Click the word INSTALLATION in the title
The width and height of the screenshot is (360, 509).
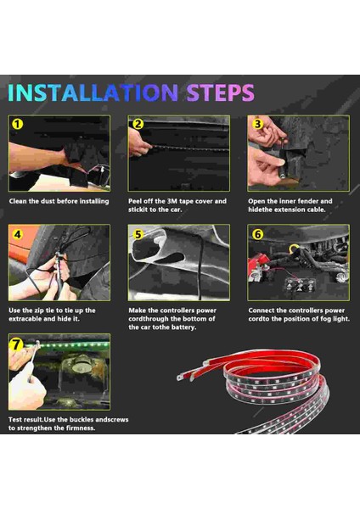coord(93,92)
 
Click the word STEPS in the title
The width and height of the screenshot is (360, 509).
coord(220,92)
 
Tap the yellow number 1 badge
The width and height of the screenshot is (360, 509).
coord(18,124)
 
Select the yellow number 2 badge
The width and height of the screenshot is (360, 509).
coord(138,124)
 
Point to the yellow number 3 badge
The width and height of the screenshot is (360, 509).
coord(257,124)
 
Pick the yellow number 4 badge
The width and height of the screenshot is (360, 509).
coord(18,234)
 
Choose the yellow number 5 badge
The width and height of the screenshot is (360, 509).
coord(138,234)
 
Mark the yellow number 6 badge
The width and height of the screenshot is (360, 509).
coord(257,234)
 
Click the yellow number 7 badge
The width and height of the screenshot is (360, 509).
coord(16,344)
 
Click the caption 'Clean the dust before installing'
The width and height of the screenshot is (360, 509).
coord(59,201)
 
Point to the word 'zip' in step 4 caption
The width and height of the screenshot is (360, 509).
coord(39,310)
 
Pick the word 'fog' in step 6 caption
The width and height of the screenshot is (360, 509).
coord(326,319)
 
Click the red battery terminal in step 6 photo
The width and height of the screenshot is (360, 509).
coord(259,263)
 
